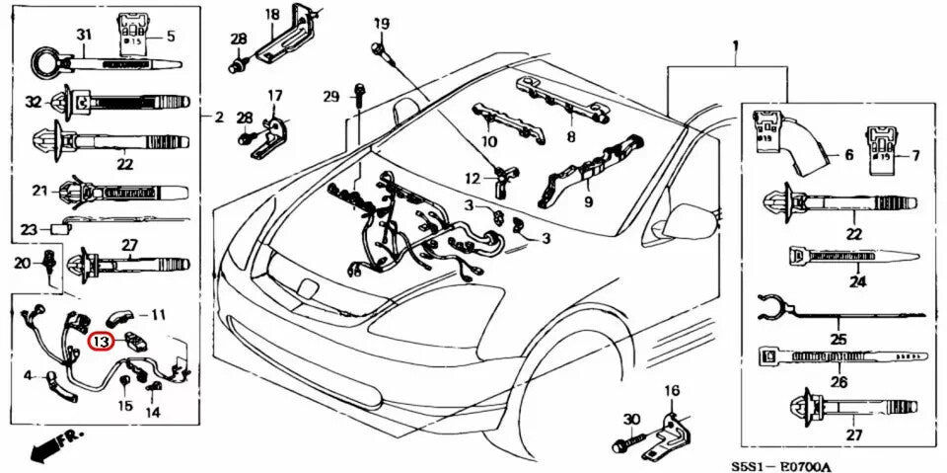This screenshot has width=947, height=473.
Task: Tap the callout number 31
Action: tap(85, 35)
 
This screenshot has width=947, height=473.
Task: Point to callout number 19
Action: tap(381, 23)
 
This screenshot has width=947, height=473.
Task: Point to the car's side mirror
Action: tap(690, 221)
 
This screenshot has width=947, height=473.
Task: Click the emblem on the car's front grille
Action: tap(308, 289)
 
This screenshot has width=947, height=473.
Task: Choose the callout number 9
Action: tap(588, 202)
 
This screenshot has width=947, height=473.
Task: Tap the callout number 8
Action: tap(570, 135)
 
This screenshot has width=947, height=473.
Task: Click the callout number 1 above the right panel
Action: tap(735, 46)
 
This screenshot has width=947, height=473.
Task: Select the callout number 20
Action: tap(22, 262)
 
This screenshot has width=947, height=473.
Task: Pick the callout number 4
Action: tap(29, 375)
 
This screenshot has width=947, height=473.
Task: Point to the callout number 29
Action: tap(331, 96)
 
